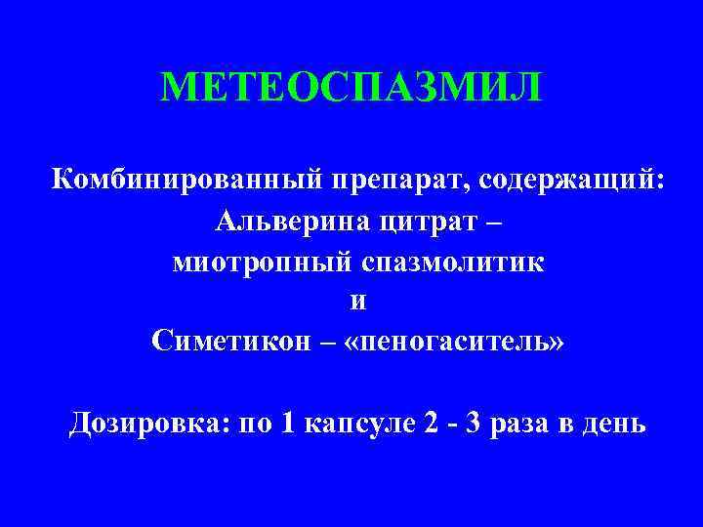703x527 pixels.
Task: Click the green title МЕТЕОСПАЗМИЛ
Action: click(x=351, y=89)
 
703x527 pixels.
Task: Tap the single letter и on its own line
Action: click(x=358, y=302)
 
